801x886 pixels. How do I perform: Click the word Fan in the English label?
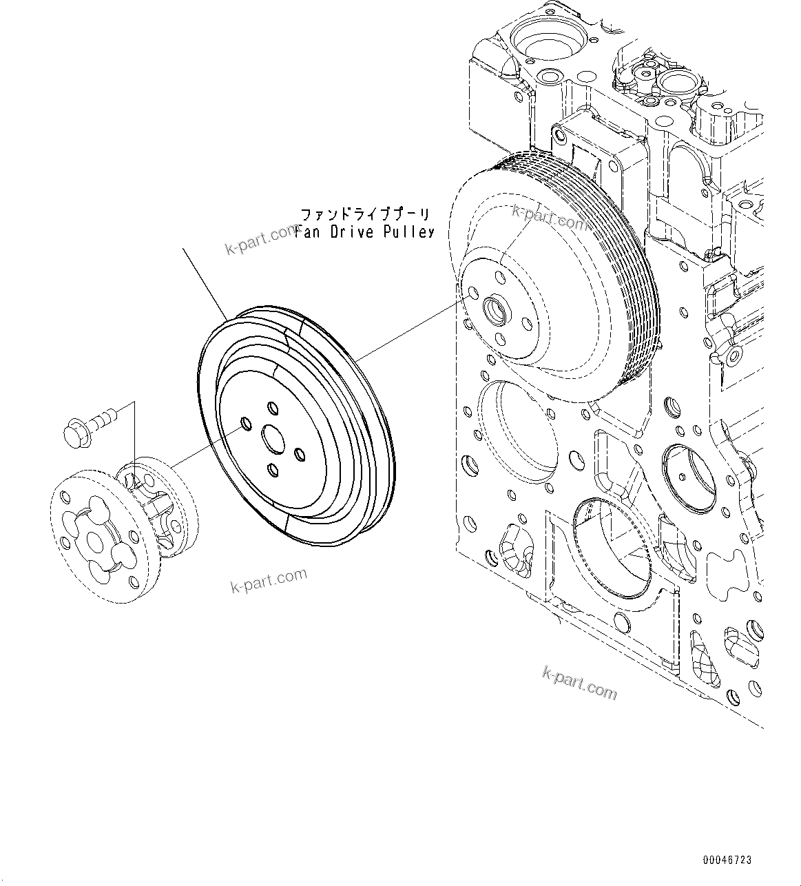308,232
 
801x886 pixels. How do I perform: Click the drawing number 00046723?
727,861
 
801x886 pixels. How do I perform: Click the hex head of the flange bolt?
73,432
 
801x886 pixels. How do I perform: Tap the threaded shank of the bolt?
103,415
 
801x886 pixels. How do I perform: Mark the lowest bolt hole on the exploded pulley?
273,470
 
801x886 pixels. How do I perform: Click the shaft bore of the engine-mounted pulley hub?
496,309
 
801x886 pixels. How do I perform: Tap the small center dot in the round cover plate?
680,475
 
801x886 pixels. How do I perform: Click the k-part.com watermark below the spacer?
269,580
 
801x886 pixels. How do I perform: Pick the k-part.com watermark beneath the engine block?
579,682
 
